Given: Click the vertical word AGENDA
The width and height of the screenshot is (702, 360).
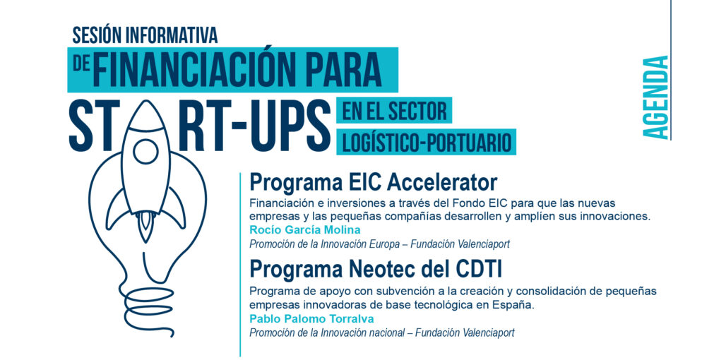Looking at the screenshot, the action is point(655,97).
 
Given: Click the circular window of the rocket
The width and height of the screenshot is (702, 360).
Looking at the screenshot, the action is point(145,151).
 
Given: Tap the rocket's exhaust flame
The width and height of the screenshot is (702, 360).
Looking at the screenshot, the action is point(145,227).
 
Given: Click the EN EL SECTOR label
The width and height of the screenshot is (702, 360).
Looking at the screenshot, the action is point(394,110).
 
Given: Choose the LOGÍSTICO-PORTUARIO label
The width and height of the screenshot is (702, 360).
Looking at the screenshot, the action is point(427,143).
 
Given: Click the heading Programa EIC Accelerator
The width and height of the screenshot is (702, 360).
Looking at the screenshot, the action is point(374,183).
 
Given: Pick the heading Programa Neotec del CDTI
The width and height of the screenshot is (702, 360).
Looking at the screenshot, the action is point(376,270).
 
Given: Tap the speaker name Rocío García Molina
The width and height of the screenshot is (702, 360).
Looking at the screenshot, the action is point(305,230).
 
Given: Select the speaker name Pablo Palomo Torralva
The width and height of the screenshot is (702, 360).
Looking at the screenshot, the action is point(311,319).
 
